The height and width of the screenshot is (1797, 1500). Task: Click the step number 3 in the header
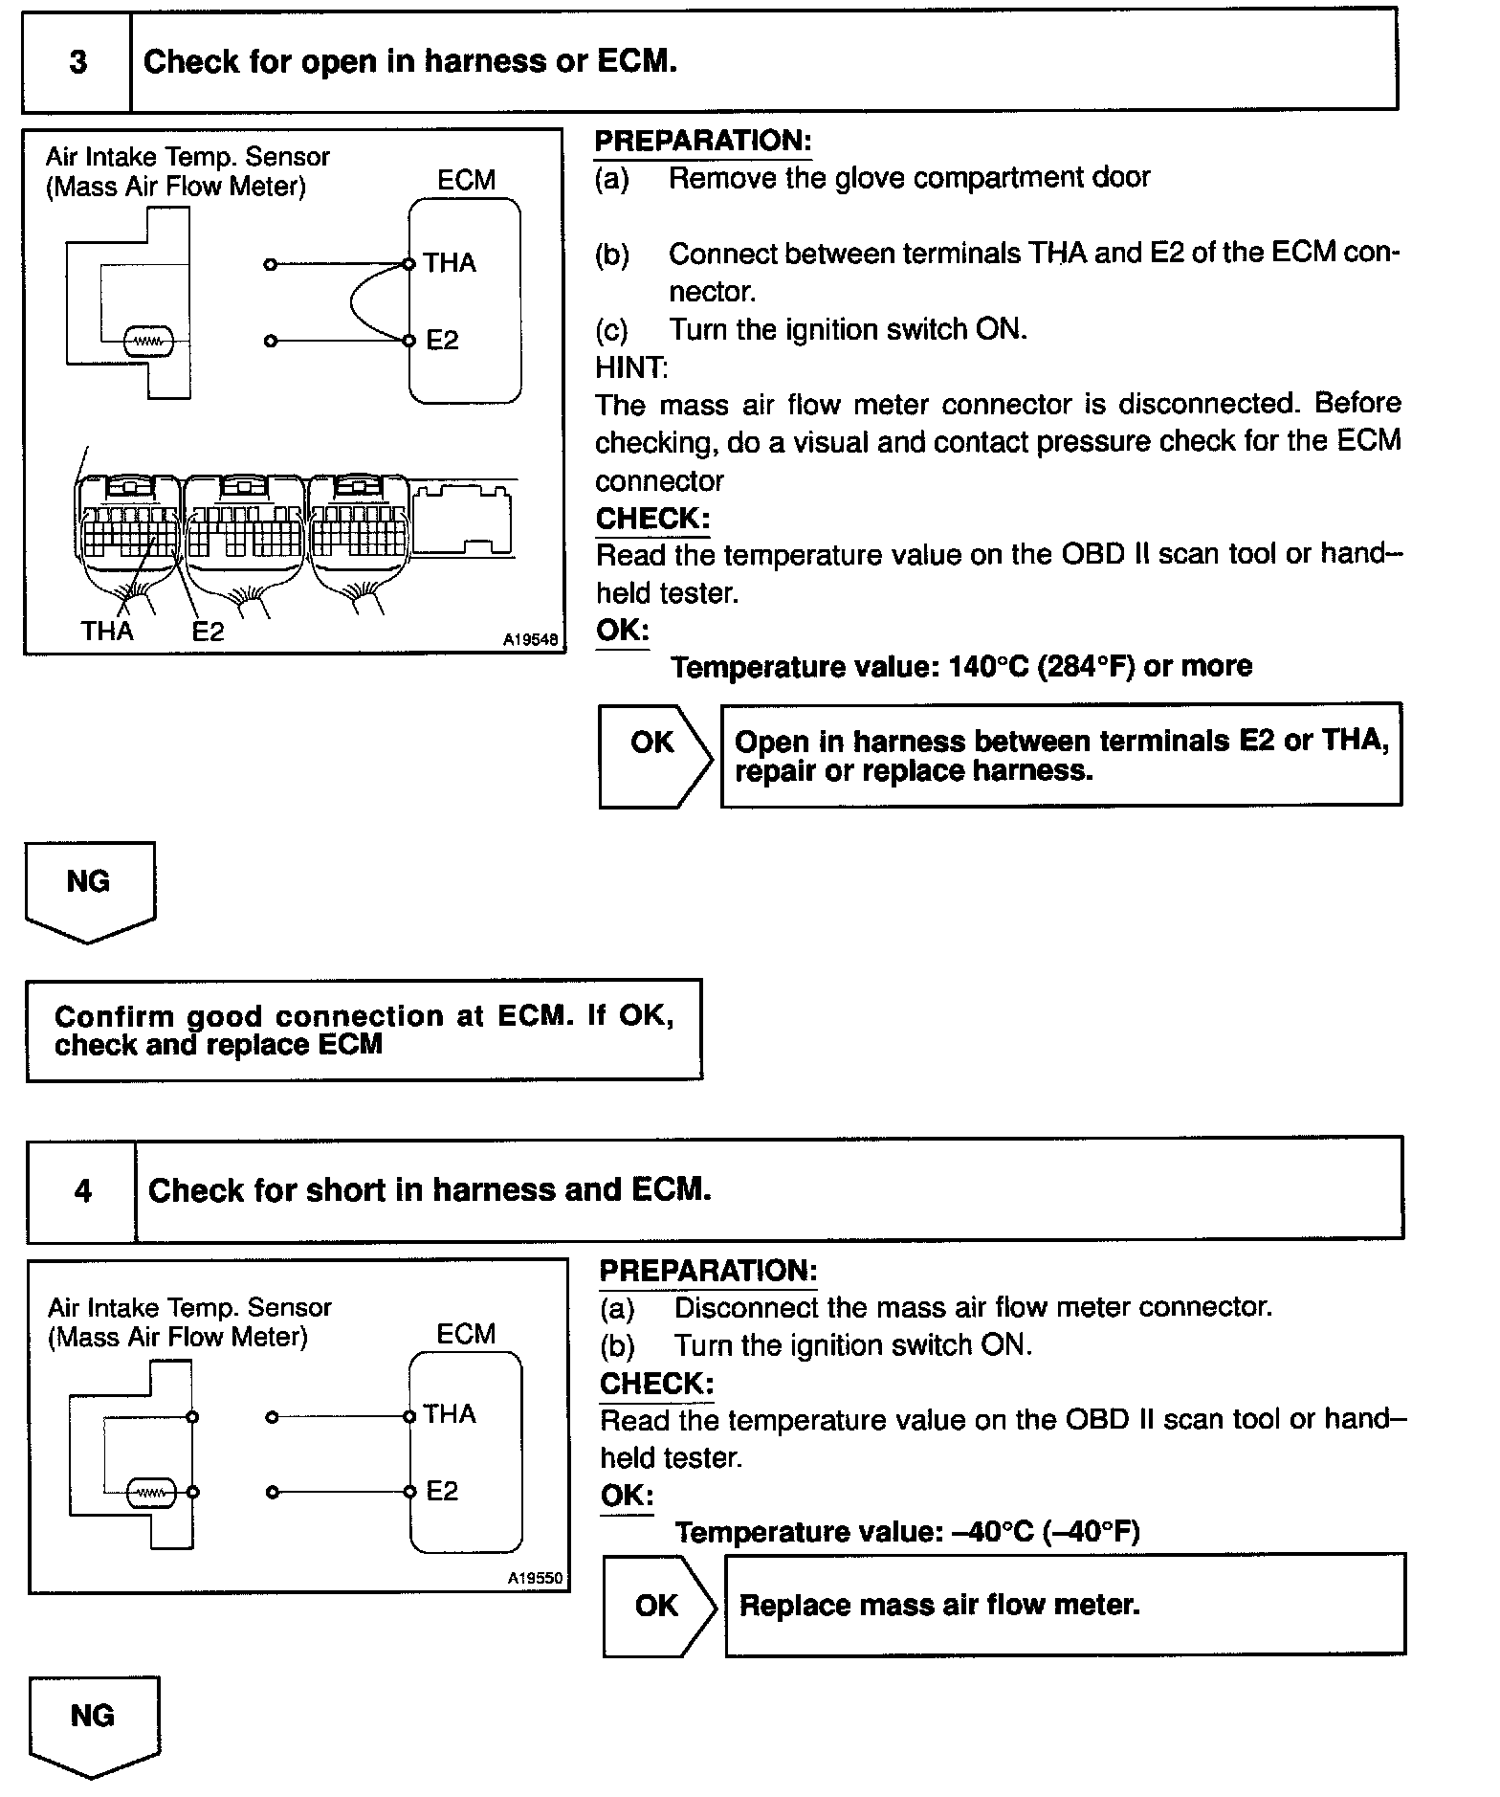pos(77,62)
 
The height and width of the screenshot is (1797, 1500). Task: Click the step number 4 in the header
pos(83,1190)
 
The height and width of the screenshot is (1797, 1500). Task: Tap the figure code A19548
pos(530,639)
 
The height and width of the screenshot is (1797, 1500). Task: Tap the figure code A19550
pos(535,1578)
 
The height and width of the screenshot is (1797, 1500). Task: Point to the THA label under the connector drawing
pos(107,631)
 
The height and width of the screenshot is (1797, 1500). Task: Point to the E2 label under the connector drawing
pos(208,632)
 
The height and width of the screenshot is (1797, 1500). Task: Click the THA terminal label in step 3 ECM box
pos(450,263)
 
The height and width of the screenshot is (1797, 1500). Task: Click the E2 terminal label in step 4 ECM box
pos(442,1491)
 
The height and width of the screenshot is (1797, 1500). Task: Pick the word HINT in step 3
pos(630,366)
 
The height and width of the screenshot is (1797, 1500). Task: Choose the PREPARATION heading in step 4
pos(708,1271)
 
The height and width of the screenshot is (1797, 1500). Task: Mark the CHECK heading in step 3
pos(652,519)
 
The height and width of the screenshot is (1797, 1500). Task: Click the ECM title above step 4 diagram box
pos(466,1334)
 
